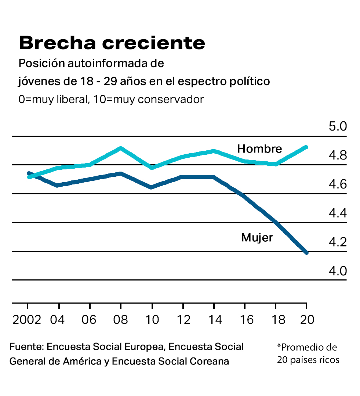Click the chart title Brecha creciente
click(112, 43)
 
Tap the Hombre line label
click(259, 148)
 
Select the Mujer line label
click(257, 238)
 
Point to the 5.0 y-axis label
click(338, 127)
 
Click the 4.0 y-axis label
click(338, 271)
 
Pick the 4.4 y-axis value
click(338, 213)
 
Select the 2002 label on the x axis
click(27, 320)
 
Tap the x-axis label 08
click(120, 320)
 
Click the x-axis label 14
click(214, 320)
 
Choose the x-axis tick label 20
click(307, 320)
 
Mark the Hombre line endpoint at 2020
click(306, 147)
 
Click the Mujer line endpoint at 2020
click(306, 253)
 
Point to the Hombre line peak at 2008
click(120, 148)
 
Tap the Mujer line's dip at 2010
click(151, 187)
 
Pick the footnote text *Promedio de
click(307, 347)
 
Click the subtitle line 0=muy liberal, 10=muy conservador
click(111, 99)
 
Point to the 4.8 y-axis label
click(338, 156)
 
